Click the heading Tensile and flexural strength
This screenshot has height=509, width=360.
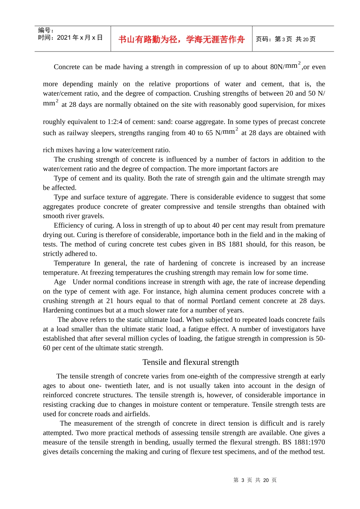191,362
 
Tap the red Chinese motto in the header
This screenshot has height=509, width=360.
182,39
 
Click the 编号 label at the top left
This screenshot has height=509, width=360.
46,30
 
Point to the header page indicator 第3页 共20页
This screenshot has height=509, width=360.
286,39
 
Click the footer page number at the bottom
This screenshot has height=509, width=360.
255,480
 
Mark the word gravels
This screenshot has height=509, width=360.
92,216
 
